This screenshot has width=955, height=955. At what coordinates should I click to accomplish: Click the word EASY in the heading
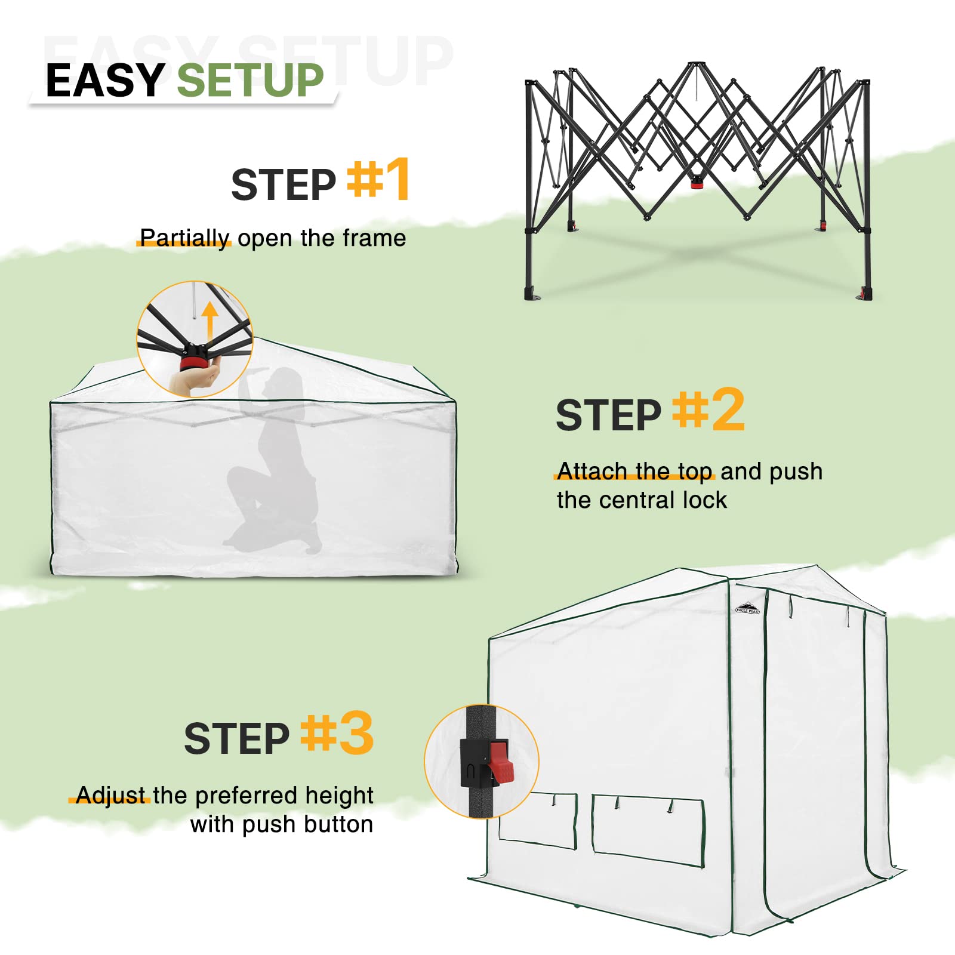click(105, 81)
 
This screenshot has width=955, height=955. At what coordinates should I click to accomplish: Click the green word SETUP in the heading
click(250, 81)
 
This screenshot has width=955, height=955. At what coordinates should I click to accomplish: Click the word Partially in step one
click(184, 238)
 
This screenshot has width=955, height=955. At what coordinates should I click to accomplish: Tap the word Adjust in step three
click(111, 796)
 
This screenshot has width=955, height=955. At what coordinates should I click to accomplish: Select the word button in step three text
click(338, 824)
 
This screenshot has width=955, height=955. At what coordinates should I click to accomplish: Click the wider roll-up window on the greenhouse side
click(649, 831)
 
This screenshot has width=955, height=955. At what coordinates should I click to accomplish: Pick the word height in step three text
click(339, 796)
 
